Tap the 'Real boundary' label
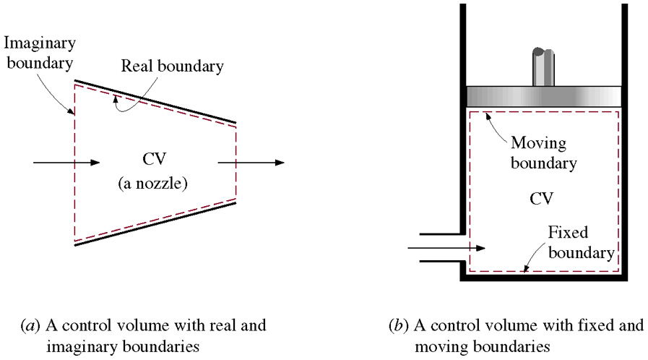(x=173, y=67)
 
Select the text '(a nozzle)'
(x=154, y=184)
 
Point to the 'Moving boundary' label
(x=543, y=153)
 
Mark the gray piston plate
(x=543, y=97)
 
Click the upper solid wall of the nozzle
(x=155, y=100)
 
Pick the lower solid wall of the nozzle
(x=155, y=224)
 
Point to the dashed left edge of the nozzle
(x=74, y=163)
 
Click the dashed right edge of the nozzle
(x=236, y=163)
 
